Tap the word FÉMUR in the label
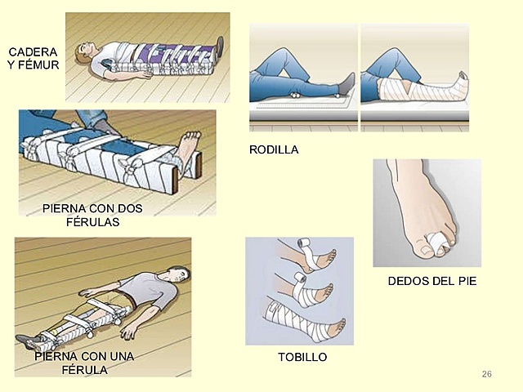39,64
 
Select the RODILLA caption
273,149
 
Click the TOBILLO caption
302,358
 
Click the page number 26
487,373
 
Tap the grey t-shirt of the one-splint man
139,285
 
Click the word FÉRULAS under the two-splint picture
92,221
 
